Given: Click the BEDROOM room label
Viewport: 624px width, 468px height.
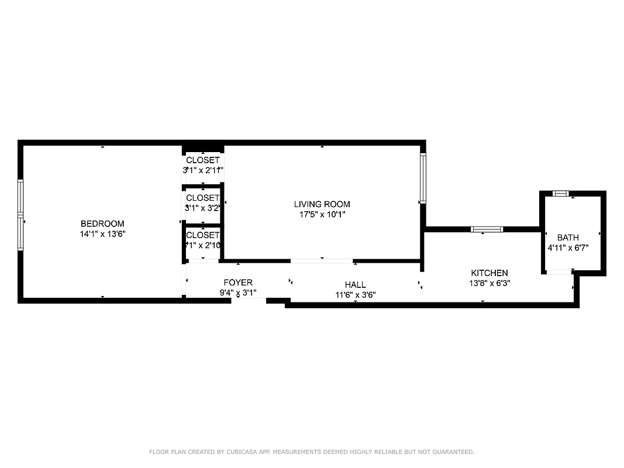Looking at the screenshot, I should pos(102,223).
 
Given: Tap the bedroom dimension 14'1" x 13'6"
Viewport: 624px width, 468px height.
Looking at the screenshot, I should pos(102,233).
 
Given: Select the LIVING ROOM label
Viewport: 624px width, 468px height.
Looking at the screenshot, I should pos(322,204).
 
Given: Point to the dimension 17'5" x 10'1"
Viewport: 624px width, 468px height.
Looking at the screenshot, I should pos(322,214).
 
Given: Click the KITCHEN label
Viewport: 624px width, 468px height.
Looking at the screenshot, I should pos(489,273).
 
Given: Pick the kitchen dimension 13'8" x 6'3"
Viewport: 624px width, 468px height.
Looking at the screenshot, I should pos(489,283).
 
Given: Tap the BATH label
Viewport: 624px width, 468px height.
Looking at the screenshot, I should pos(568,238).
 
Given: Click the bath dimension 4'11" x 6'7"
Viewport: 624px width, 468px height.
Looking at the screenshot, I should pos(568,247).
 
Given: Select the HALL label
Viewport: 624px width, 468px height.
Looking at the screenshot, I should pos(355,285).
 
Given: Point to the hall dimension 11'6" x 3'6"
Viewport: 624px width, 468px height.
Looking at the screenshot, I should pos(355,295).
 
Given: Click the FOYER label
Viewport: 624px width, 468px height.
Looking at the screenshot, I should pos(238,283).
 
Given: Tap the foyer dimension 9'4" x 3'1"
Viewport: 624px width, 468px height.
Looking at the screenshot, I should pos(238,292).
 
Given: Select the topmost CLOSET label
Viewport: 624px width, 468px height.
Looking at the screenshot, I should pos(203,160).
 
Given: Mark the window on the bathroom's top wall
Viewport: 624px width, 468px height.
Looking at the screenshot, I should pos(561,194).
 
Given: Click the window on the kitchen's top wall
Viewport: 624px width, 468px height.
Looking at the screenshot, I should pos(487,229).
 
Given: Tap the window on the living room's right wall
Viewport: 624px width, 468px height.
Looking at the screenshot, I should pos(423,178).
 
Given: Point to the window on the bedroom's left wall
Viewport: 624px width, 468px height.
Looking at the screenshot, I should pos(20,215).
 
